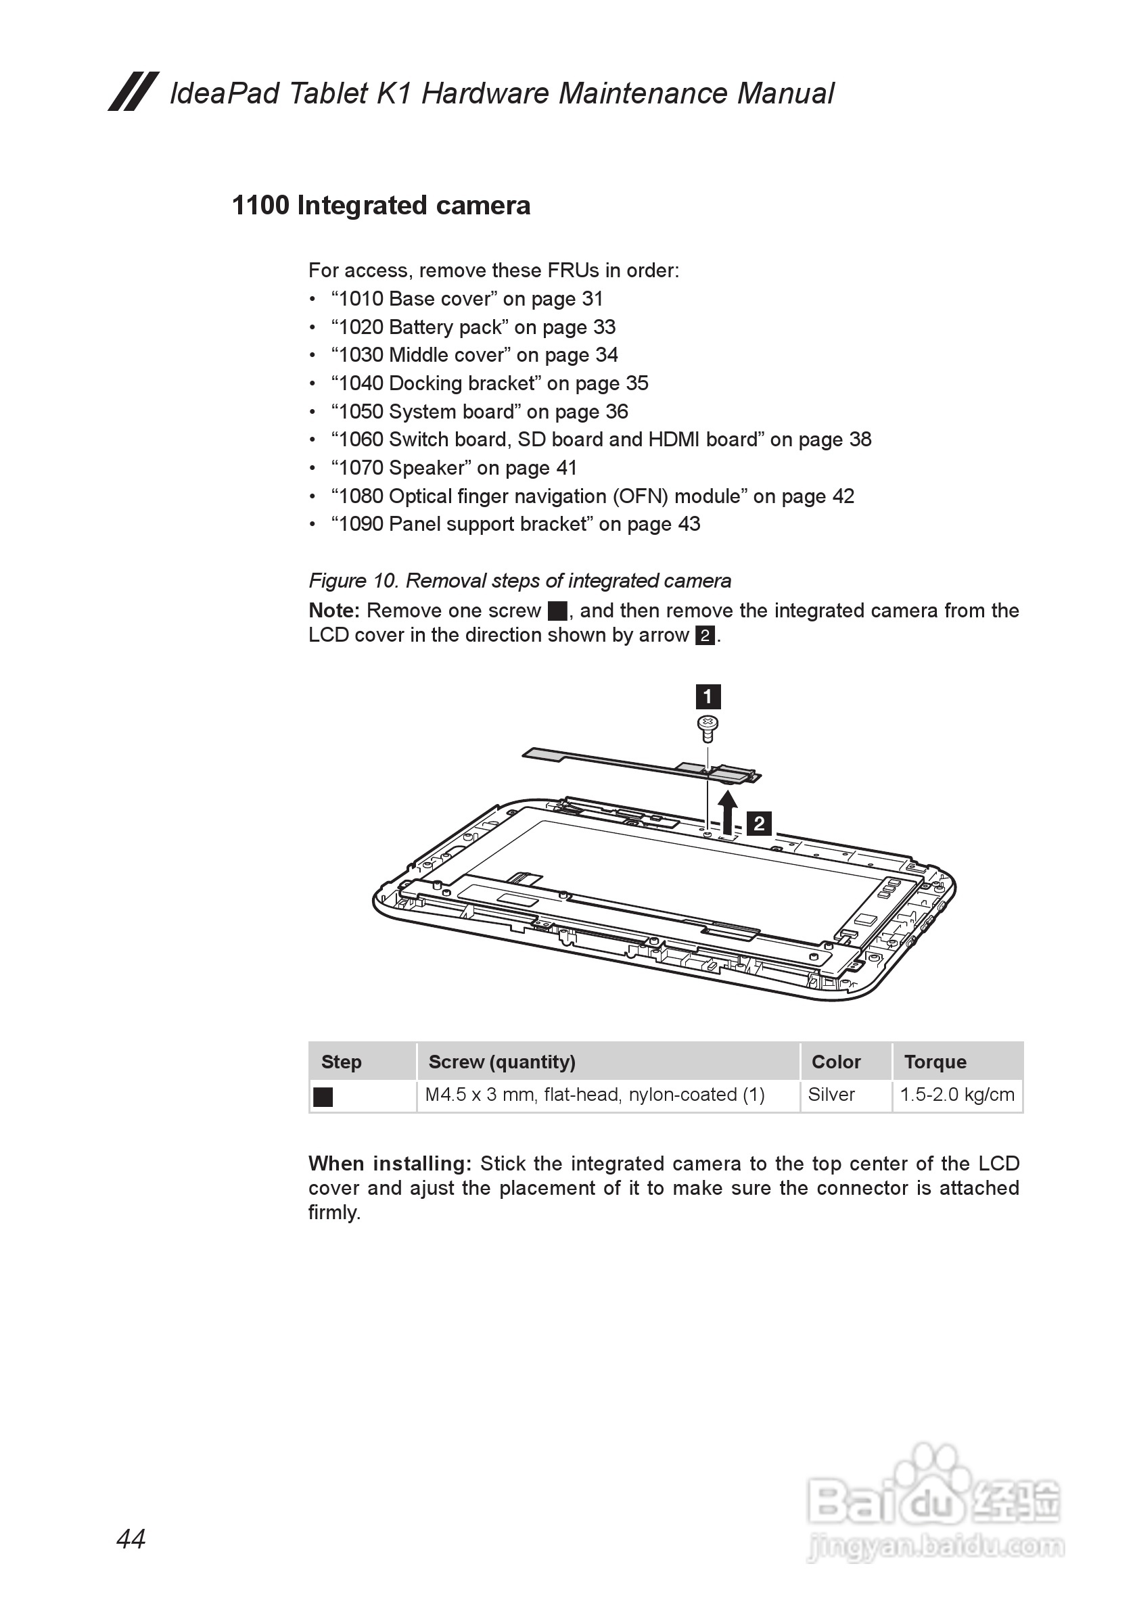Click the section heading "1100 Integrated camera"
(x=381, y=206)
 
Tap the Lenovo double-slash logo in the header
(x=133, y=92)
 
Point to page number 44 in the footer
(x=131, y=1539)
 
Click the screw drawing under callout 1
(x=708, y=728)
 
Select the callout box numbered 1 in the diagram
(x=708, y=697)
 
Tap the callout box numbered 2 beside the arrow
(x=759, y=823)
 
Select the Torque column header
(x=935, y=1062)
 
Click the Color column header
(x=835, y=1062)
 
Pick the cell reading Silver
(x=831, y=1095)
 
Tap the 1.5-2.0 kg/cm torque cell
(x=957, y=1095)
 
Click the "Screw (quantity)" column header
(x=502, y=1062)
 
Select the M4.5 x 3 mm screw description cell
(x=594, y=1095)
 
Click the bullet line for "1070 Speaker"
(x=454, y=468)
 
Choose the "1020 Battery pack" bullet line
(x=473, y=327)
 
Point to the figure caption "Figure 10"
(x=519, y=581)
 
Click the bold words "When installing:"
(x=390, y=1164)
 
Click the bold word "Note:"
(x=334, y=611)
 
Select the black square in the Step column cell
(x=323, y=1097)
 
